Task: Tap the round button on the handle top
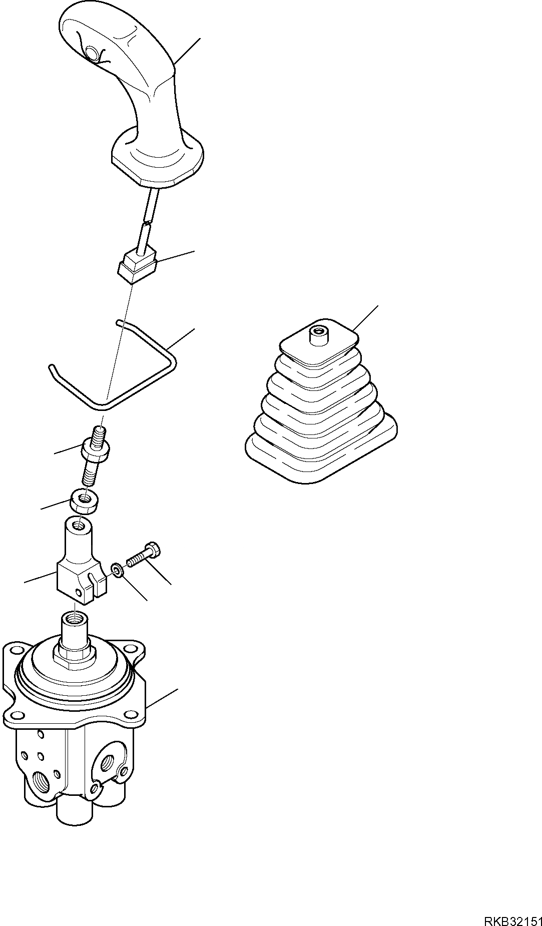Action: point(92,52)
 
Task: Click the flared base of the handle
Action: point(157,157)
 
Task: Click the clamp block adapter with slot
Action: point(82,563)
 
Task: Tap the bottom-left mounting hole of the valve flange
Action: point(17,715)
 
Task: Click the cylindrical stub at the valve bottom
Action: point(75,807)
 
